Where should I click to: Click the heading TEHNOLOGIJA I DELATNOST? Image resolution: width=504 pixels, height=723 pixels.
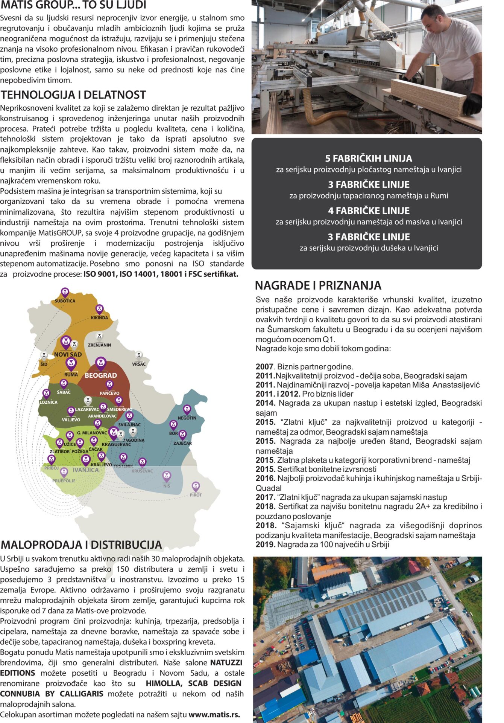pos(73,95)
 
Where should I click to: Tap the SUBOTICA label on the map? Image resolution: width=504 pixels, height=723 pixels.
pos(65,301)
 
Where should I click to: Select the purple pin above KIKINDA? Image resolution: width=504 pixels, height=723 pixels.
pos(99,309)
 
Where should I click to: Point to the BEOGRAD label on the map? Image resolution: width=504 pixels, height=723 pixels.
pos(100,375)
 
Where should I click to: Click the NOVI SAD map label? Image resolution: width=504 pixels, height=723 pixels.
pos(68,354)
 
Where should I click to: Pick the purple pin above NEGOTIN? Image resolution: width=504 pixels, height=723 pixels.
pos(187,409)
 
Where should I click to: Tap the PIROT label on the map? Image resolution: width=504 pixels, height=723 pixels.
pos(196,495)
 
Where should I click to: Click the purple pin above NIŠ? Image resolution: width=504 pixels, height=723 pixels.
pos(167,476)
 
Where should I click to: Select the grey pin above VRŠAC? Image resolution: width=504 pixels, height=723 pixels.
pos(139,355)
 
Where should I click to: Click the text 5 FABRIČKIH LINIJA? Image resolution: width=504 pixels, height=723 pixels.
pos(368,158)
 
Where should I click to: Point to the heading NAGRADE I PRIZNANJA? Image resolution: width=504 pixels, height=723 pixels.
pos(318,285)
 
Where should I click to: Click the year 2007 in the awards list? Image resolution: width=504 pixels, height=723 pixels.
pos(264,367)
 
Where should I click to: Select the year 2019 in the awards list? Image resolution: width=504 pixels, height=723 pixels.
pos(264,545)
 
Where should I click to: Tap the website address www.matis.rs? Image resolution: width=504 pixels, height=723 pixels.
pos(214,715)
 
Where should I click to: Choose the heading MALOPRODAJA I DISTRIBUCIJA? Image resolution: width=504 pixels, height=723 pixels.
pos(81,545)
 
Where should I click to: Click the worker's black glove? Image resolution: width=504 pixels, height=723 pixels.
pos(472,103)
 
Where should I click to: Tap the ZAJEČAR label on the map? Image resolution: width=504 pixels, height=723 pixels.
pos(182,443)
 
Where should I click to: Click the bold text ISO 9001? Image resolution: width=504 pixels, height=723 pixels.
pos(100,274)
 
